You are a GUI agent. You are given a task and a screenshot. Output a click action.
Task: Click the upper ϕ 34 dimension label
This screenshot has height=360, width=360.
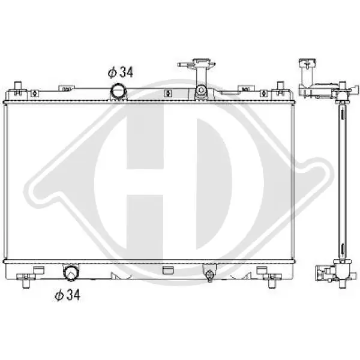tap(121, 72)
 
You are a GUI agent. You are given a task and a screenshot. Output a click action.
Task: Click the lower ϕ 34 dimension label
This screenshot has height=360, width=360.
tap(67, 295)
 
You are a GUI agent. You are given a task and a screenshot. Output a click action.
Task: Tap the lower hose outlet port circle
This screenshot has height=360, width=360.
tap(71, 272)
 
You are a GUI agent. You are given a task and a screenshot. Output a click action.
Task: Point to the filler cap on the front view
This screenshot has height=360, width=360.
tap(201, 62)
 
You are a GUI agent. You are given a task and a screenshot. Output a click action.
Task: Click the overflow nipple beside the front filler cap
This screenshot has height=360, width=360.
tap(184, 65)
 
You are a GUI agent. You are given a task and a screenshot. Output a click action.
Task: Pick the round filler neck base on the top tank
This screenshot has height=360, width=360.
tap(201, 90)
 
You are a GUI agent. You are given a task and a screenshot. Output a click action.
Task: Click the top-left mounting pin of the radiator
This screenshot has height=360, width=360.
tap(18, 88)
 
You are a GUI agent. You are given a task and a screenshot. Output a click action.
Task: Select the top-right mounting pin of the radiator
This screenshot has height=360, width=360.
tap(280, 88)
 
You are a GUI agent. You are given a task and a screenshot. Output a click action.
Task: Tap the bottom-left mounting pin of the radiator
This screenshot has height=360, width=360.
tap(26, 281)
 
